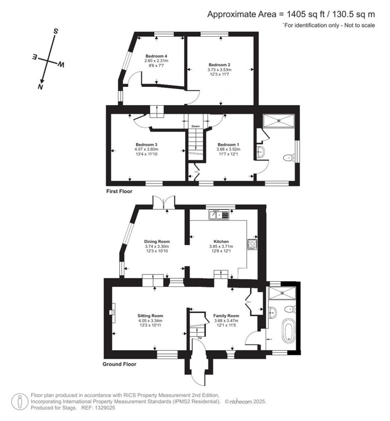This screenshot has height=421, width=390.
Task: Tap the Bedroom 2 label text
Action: coord(219,65)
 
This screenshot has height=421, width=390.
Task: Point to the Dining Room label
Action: coord(157,242)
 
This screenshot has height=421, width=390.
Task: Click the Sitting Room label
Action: coord(150,316)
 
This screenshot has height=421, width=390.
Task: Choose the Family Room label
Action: coord(226,316)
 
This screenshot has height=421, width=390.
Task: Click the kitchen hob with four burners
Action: coord(252,244)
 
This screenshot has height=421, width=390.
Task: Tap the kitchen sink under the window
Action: coord(219,215)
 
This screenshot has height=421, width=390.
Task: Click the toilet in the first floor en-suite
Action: coord(289,157)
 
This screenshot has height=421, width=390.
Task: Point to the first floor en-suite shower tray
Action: coord(280,121)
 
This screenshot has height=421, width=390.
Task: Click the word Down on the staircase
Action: coord(195,126)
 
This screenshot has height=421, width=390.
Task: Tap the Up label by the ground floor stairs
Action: coord(199,338)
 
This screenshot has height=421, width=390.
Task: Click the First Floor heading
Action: coord(119,191)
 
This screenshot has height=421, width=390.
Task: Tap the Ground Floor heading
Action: coord(119,364)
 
